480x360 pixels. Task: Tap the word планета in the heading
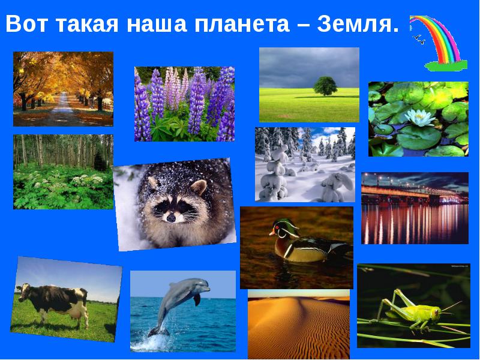click(242, 24)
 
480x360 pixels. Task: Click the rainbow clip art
click(439, 43)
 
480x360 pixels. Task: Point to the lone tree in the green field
click(325, 86)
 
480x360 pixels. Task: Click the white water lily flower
click(419, 118)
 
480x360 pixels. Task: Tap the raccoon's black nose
click(171, 217)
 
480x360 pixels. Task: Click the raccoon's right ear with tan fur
click(199, 186)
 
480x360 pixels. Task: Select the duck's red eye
click(277, 228)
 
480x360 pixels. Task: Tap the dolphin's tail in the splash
click(158, 332)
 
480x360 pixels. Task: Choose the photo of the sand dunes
click(299, 324)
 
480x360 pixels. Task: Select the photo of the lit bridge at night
click(415, 208)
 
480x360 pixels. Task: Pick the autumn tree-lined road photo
click(63, 89)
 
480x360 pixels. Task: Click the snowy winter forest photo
click(305, 164)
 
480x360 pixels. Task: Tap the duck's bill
click(272, 233)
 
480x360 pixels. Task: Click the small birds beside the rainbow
click(418, 39)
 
